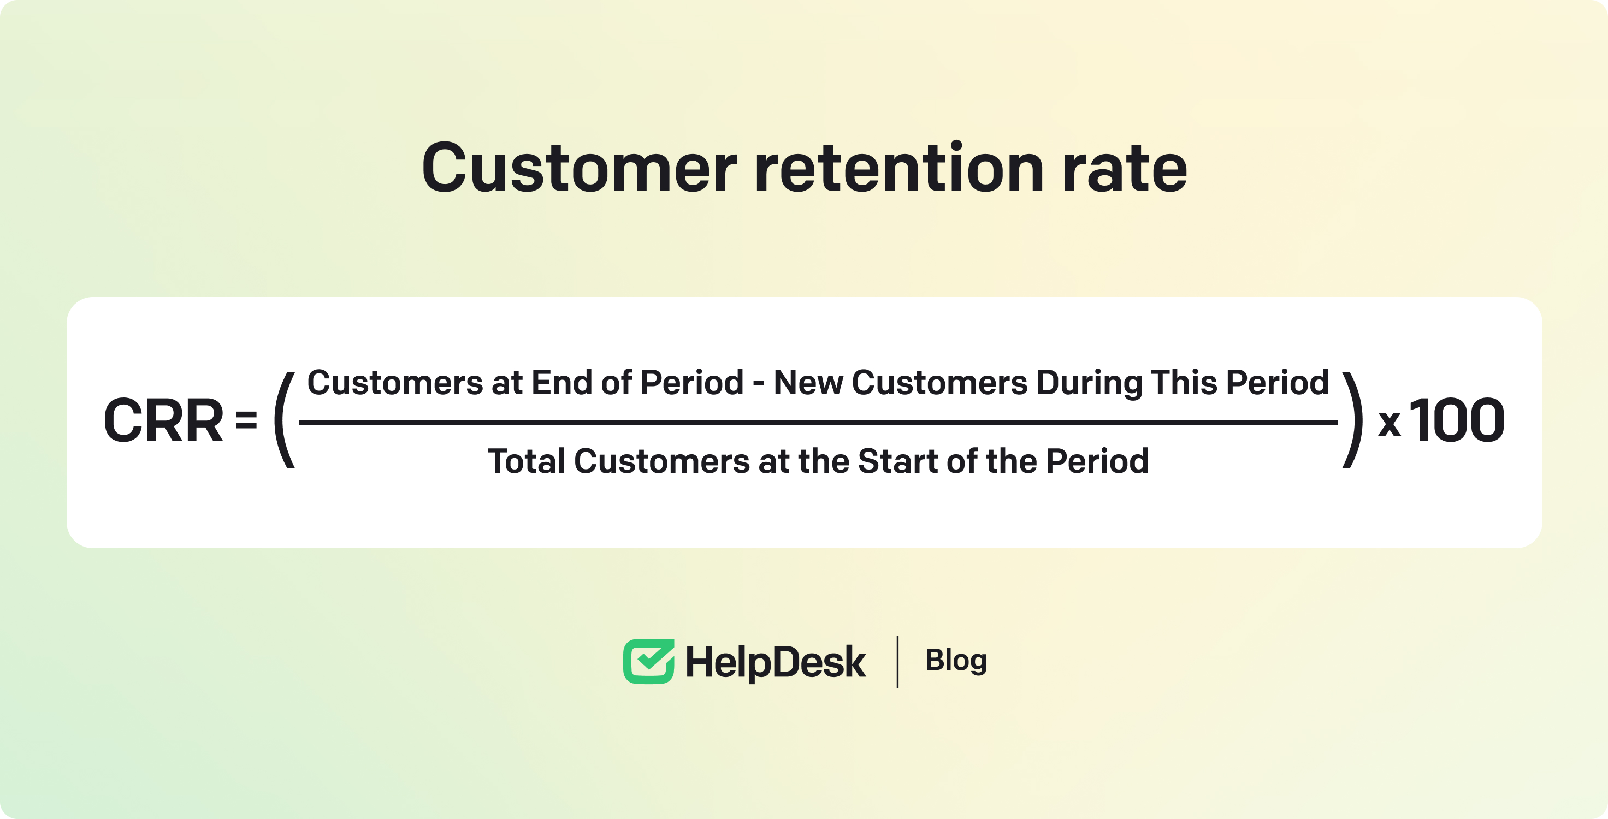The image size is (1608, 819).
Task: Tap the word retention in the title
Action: [x=900, y=167]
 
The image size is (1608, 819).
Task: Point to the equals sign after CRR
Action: [x=246, y=421]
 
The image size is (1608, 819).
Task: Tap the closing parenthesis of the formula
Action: [x=1353, y=420]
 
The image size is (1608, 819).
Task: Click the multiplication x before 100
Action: [x=1390, y=424]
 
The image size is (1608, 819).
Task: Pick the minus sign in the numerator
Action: [x=759, y=384]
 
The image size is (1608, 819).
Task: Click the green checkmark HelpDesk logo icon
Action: [x=648, y=661]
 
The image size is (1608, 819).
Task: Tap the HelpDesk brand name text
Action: [x=775, y=662]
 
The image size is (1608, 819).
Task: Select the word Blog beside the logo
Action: [x=956, y=661]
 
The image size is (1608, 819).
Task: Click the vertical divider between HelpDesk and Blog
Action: [x=897, y=662]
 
